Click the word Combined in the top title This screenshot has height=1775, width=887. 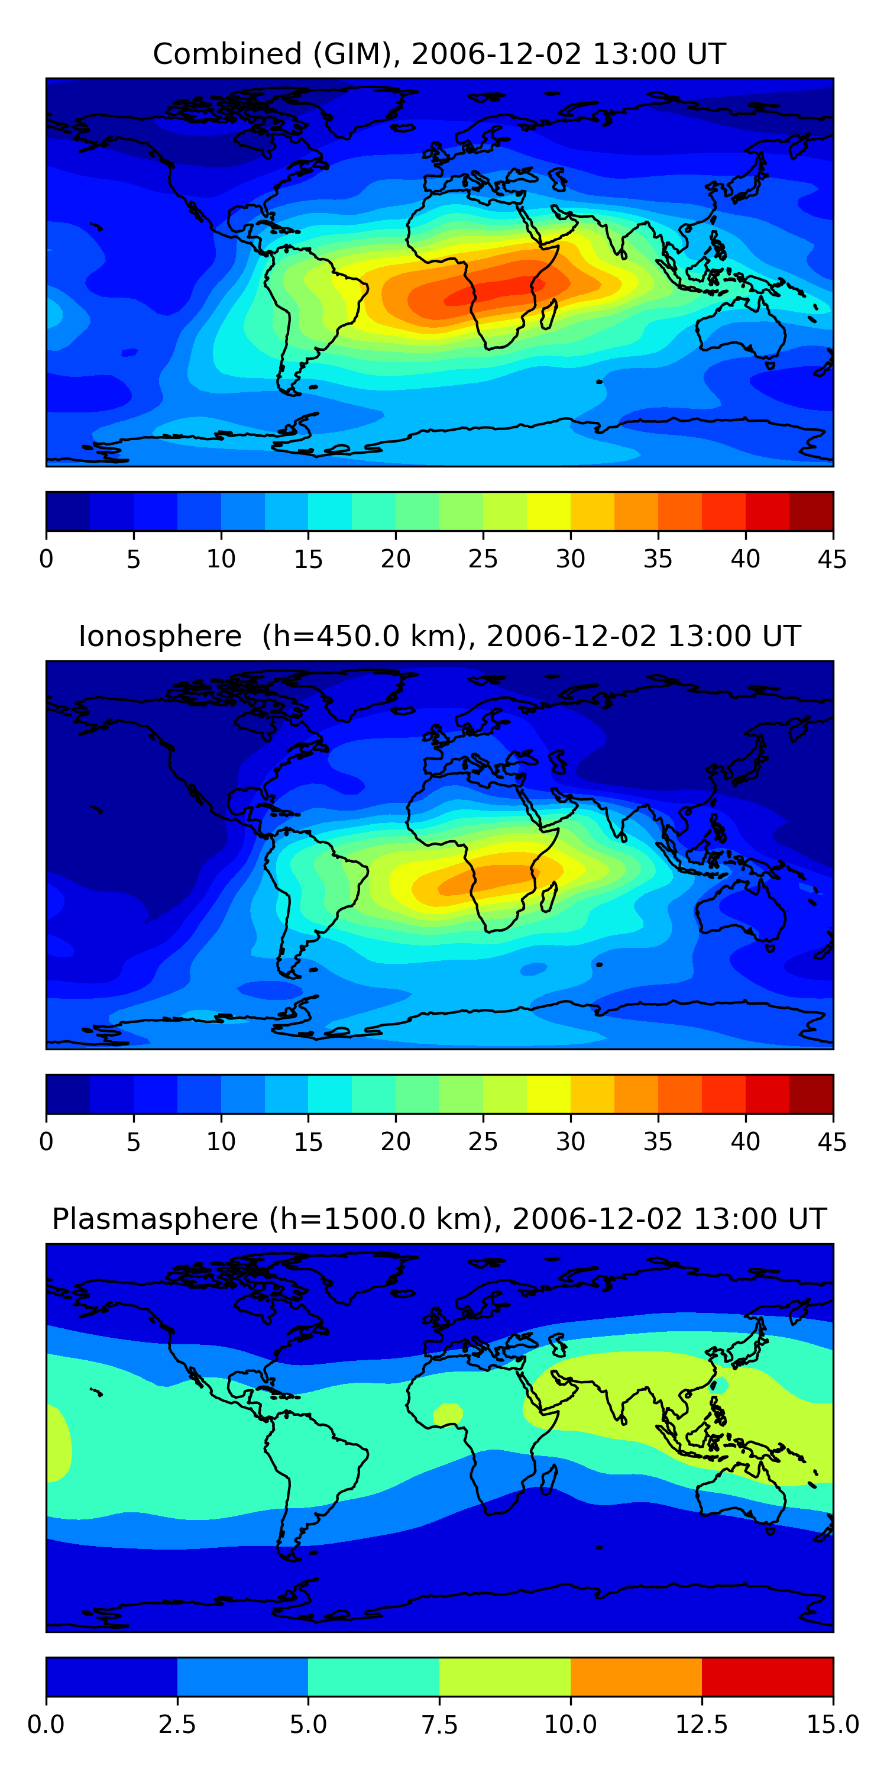(227, 54)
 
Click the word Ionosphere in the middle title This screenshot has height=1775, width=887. (160, 636)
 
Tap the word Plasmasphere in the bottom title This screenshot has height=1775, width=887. (155, 1219)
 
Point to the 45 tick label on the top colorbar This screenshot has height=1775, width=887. (832, 559)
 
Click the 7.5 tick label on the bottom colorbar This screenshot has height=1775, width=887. (439, 1724)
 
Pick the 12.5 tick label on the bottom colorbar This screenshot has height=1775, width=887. (701, 1724)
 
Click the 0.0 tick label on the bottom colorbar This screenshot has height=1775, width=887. (46, 1724)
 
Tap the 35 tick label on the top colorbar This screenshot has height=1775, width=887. (658, 559)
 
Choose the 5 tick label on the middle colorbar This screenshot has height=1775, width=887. (134, 1142)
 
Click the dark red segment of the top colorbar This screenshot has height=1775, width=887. (811, 511)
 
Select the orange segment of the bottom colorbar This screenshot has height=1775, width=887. (636, 1676)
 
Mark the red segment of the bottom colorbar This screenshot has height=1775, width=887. (767, 1676)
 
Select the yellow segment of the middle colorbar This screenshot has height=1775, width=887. (548, 1093)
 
